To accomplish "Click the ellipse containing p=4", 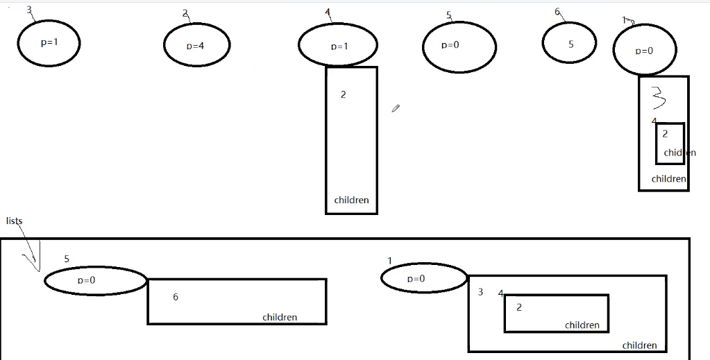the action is tap(196, 46).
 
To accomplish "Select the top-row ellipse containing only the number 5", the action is tap(569, 44).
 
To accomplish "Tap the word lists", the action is tap(15, 221).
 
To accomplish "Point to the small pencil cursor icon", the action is tap(396, 108).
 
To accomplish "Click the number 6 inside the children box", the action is tap(176, 297).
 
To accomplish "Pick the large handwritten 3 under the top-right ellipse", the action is tap(659, 98).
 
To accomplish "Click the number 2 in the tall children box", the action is tap(343, 94).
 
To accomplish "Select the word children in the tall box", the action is tap(351, 200).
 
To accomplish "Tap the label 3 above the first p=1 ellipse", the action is tap(28, 10).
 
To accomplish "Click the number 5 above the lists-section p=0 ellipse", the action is tap(67, 259).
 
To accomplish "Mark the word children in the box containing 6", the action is tap(280, 317).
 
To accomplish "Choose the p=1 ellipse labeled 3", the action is tap(49, 42).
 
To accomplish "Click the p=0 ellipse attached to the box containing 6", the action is tap(95, 281).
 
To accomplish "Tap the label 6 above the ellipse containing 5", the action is tap(557, 12).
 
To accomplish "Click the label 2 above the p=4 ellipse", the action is tap(185, 13).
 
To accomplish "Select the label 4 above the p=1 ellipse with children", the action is tap(328, 12).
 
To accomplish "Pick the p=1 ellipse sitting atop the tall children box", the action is tap(338, 46).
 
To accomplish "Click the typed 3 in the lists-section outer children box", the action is tap(480, 292).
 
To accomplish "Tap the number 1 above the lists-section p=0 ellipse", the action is tap(390, 261).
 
